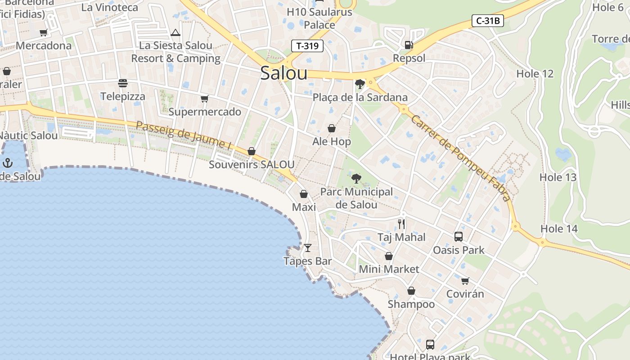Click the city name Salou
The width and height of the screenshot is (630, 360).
click(x=284, y=73)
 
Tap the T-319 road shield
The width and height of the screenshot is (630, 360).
click(x=307, y=46)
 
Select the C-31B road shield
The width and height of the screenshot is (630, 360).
click(x=487, y=21)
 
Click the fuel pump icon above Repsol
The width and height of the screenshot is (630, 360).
click(x=409, y=45)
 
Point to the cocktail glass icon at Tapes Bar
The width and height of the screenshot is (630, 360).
click(x=308, y=248)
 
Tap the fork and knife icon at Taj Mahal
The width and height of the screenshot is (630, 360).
click(x=401, y=224)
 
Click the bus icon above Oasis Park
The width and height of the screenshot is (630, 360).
click(x=459, y=237)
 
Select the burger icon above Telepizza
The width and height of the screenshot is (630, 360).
click(x=123, y=83)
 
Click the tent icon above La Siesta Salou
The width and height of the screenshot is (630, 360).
click(x=175, y=32)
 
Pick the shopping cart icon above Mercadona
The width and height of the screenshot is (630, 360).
click(x=44, y=32)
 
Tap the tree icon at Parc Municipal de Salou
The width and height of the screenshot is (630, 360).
click(x=356, y=179)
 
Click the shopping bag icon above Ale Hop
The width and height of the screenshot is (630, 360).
click(x=332, y=129)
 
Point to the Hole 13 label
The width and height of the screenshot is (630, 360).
click(x=558, y=177)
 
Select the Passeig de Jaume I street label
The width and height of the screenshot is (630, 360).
click(x=184, y=135)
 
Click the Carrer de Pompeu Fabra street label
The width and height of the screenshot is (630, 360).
click(x=461, y=158)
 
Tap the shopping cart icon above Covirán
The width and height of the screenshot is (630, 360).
click(x=465, y=281)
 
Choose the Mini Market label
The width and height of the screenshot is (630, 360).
click(x=389, y=269)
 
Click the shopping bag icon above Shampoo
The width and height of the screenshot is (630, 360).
click(x=411, y=291)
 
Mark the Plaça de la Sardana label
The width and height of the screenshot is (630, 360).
click(x=360, y=97)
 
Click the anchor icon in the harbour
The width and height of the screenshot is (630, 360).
click(x=8, y=163)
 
